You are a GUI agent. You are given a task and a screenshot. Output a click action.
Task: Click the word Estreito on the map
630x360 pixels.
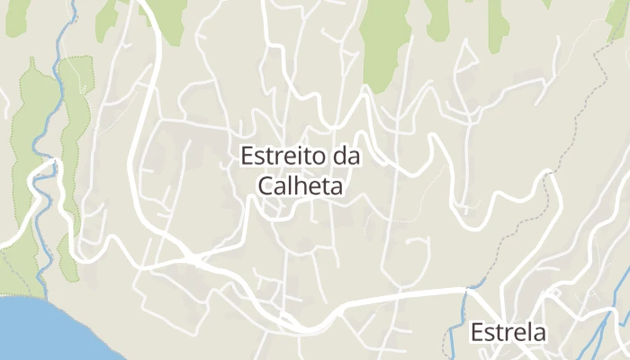point(282,157)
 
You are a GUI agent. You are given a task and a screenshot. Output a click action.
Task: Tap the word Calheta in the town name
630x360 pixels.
point(301,185)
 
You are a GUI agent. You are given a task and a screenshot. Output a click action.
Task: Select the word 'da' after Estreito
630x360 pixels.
point(346,157)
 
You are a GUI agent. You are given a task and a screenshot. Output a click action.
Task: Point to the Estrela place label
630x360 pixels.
point(508,332)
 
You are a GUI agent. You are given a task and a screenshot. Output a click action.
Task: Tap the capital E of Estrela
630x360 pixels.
point(477,332)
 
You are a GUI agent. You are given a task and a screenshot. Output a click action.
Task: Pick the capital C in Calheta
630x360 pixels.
point(265,185)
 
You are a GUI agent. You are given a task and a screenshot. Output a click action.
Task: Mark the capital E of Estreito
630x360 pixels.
point(247,157)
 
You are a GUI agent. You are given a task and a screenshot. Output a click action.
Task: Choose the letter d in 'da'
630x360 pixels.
point(340,157)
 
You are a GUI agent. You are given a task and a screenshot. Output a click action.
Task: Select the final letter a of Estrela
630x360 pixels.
point(539,333)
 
